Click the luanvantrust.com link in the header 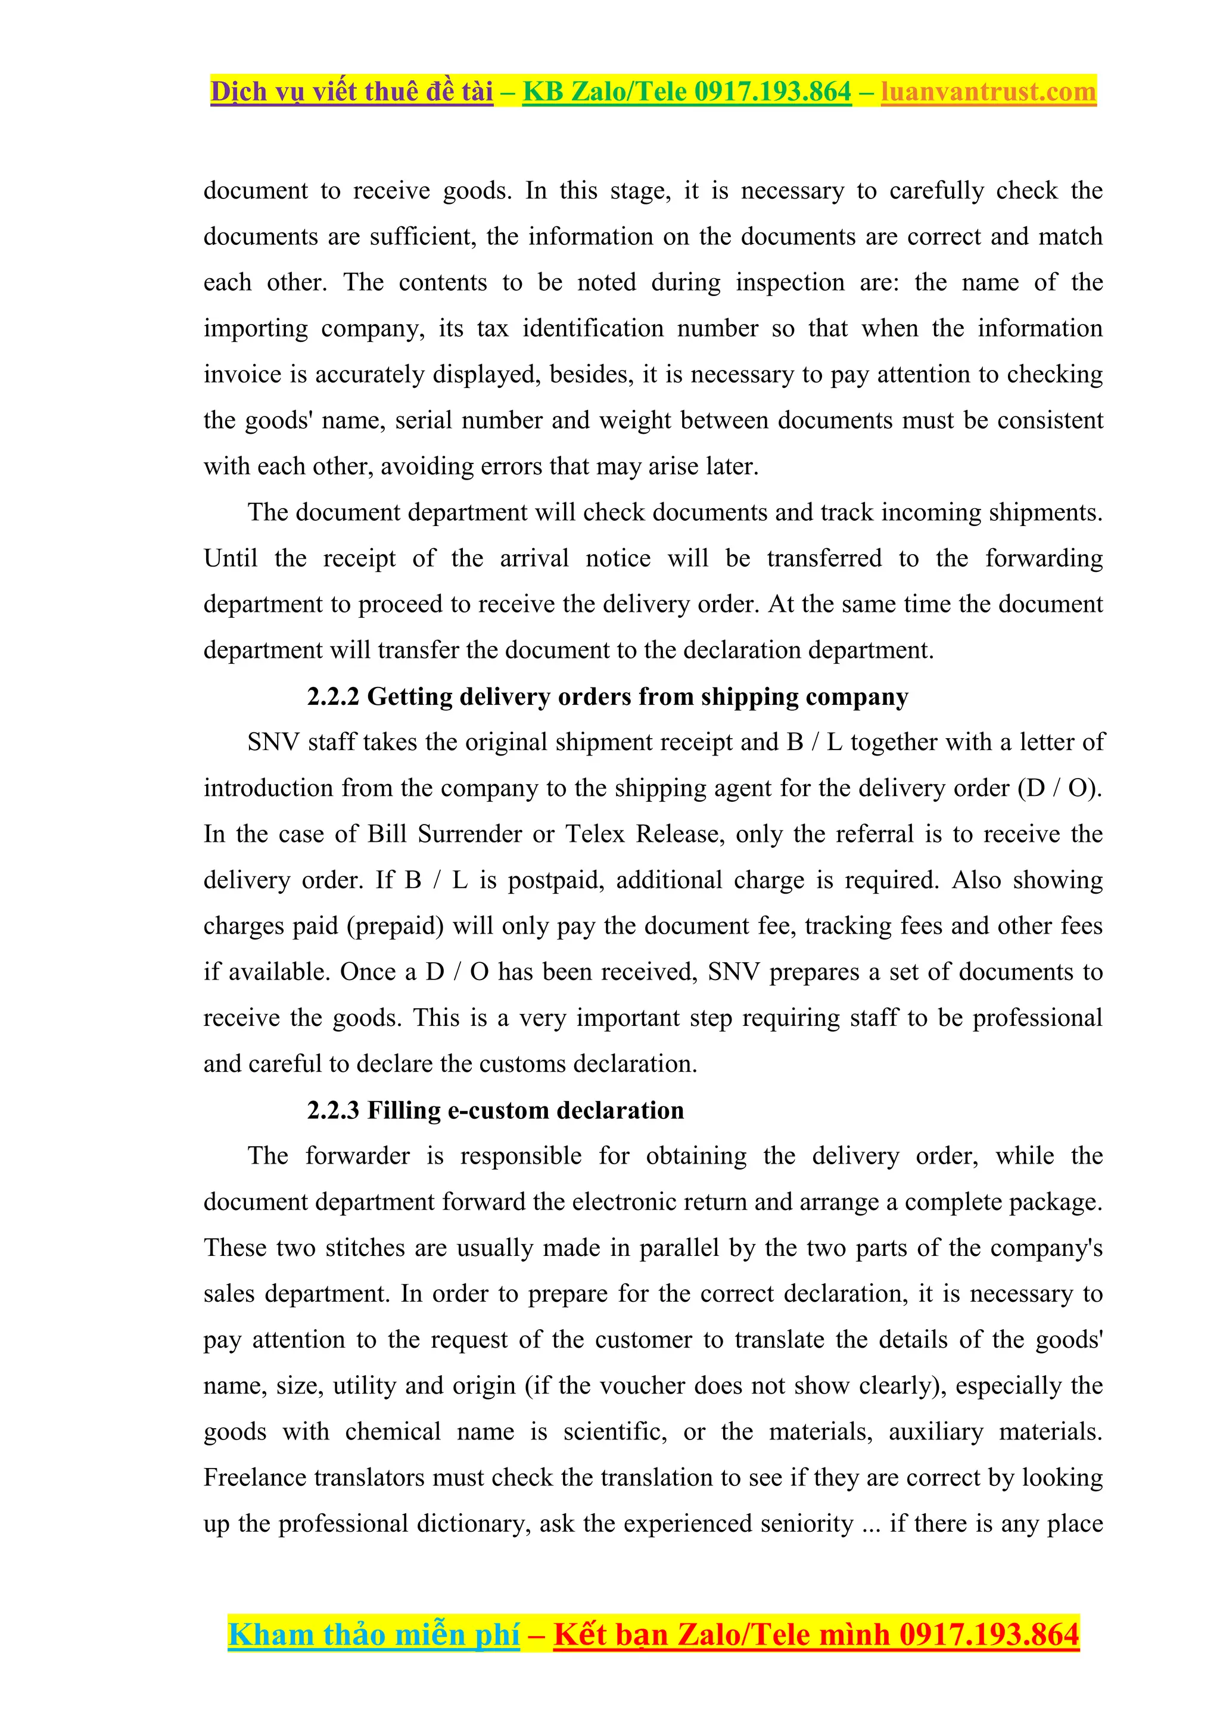pyautogui.click(x=988, y=92)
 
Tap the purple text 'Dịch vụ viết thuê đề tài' pyautogui.click(x=352, y=92)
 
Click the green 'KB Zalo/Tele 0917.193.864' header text pyautogui.click(x=686, y=92)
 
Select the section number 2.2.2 pyautogui.click(x=333, y=697)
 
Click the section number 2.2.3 pyautogui.click(x=333, y=1111)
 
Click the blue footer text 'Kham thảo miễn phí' pyautogui.click(x=374, y=1634)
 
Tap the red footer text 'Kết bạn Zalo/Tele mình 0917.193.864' pyautogui.click(x=816, y=1634)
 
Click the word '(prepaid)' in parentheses pyautogui.click(x=396, y=926)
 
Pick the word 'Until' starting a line pyautogui.click(x=230, y=558)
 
